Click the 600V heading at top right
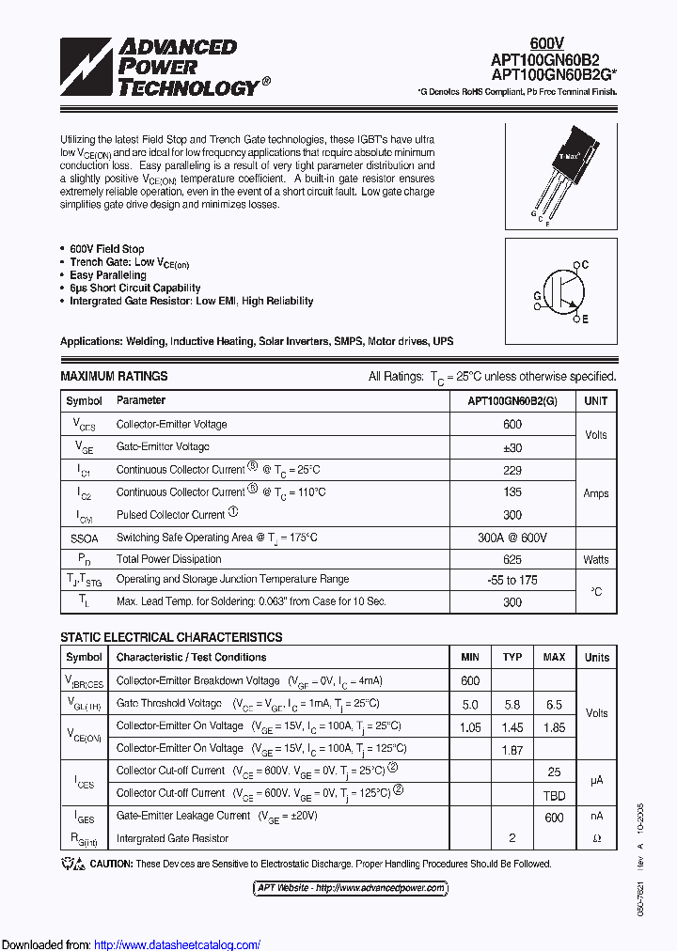tap(547, 43)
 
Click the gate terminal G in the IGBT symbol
tap(537, 294)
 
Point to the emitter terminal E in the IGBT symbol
tap(584, 320)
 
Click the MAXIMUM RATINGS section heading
tap(114, 376)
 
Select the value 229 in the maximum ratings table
tap(512, 469)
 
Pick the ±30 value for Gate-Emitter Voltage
tap(512, 447)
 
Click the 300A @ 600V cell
tap(512, 538)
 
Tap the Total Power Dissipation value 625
tap(512, 559)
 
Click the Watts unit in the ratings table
tap(596, 559)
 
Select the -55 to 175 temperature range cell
tap(512, 581)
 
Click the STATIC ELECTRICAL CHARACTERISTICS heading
tap(171, 637)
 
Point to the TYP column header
tap(512, 657)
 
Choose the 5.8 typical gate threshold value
tap(512, 704)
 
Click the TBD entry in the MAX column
tap(554, 793)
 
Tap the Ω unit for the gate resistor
tap(596, 838)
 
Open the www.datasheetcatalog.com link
tap(178, 944)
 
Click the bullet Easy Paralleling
tap(108, 275)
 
